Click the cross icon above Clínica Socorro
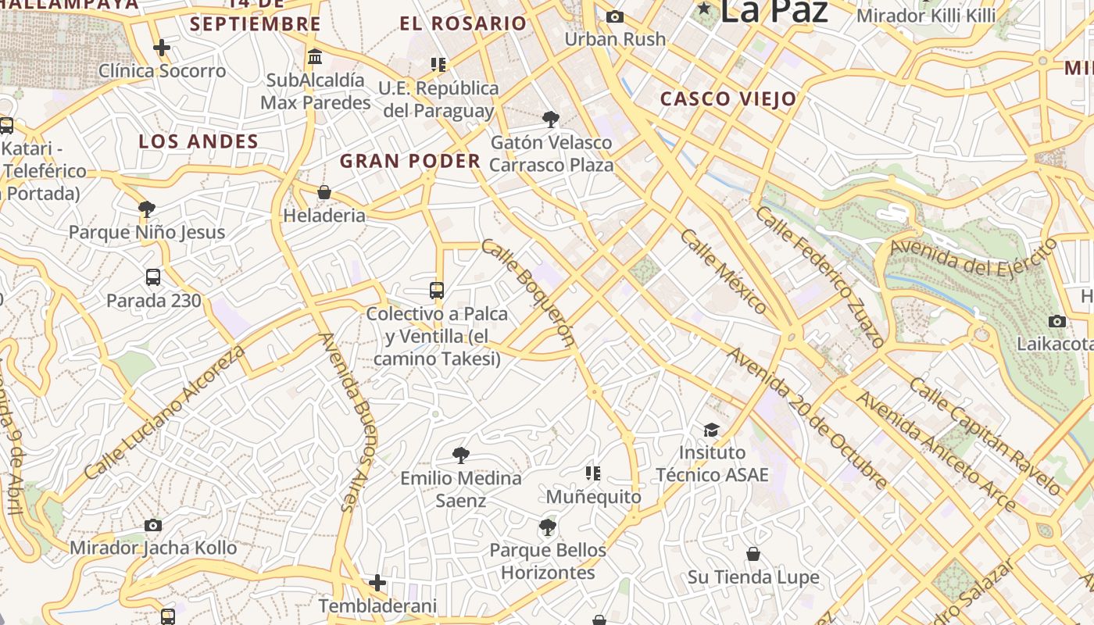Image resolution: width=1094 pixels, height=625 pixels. [x=162, y=48]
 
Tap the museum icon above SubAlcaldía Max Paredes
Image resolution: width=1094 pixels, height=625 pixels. [x=316, y=56]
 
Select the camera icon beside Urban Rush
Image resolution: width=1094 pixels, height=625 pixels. [x=615, y=16]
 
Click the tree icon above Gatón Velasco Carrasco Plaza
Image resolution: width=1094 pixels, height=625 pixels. [x=551, y=119]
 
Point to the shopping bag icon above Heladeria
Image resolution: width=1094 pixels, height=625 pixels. [x=324, y=192]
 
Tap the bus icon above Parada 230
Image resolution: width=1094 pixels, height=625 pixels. [x=153, y=277]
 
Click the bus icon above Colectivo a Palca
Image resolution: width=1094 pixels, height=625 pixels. [x=437, y=291]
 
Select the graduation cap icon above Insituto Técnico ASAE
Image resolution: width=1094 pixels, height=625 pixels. [x=711, y=430]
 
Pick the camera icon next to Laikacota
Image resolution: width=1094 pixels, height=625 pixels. [x=1057, y=321]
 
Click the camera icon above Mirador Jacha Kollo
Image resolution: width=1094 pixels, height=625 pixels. [x=153, y=525]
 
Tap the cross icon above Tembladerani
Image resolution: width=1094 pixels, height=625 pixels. [x=377, y=582]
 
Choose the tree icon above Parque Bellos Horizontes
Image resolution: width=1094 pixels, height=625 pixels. [x=548, y=527]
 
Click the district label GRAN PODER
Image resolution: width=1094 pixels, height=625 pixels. [x=410, y=162]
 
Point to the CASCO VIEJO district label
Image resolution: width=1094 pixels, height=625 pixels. [x=728, y=99]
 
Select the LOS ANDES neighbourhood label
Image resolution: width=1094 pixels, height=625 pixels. [x=198, y=141]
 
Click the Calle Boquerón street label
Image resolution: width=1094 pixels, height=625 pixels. [x=528, y=292]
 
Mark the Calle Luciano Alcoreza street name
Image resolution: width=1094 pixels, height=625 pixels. [x=164, y=412]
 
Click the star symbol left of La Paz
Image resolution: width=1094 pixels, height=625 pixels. [x=706, y=9]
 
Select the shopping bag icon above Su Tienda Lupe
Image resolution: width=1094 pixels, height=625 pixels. [x=753, y=554]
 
